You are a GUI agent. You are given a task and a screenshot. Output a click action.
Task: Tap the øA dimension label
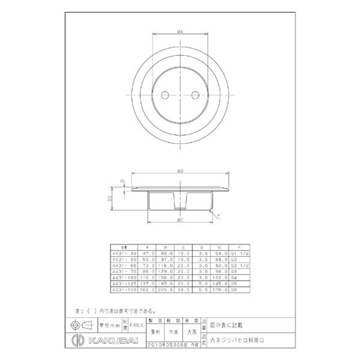(180, 31)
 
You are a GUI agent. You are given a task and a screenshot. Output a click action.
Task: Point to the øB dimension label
(180, 171)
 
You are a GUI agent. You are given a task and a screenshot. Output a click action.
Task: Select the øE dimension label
(180, 219)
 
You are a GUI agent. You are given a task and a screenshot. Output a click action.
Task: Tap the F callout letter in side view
(219, 216)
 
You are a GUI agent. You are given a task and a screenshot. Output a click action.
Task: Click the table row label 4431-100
(122, 279)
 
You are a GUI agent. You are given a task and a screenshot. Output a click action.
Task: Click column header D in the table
(201, 247)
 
